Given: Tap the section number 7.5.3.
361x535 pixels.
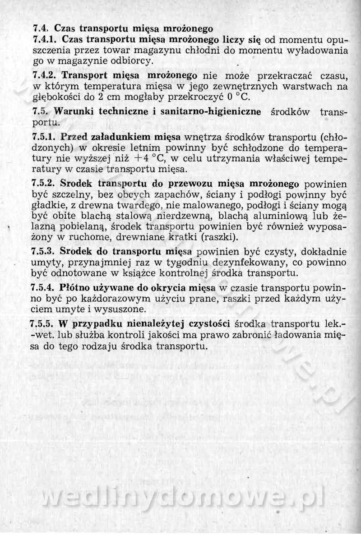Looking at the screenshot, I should pyautogui.click(x=46, y=251).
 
